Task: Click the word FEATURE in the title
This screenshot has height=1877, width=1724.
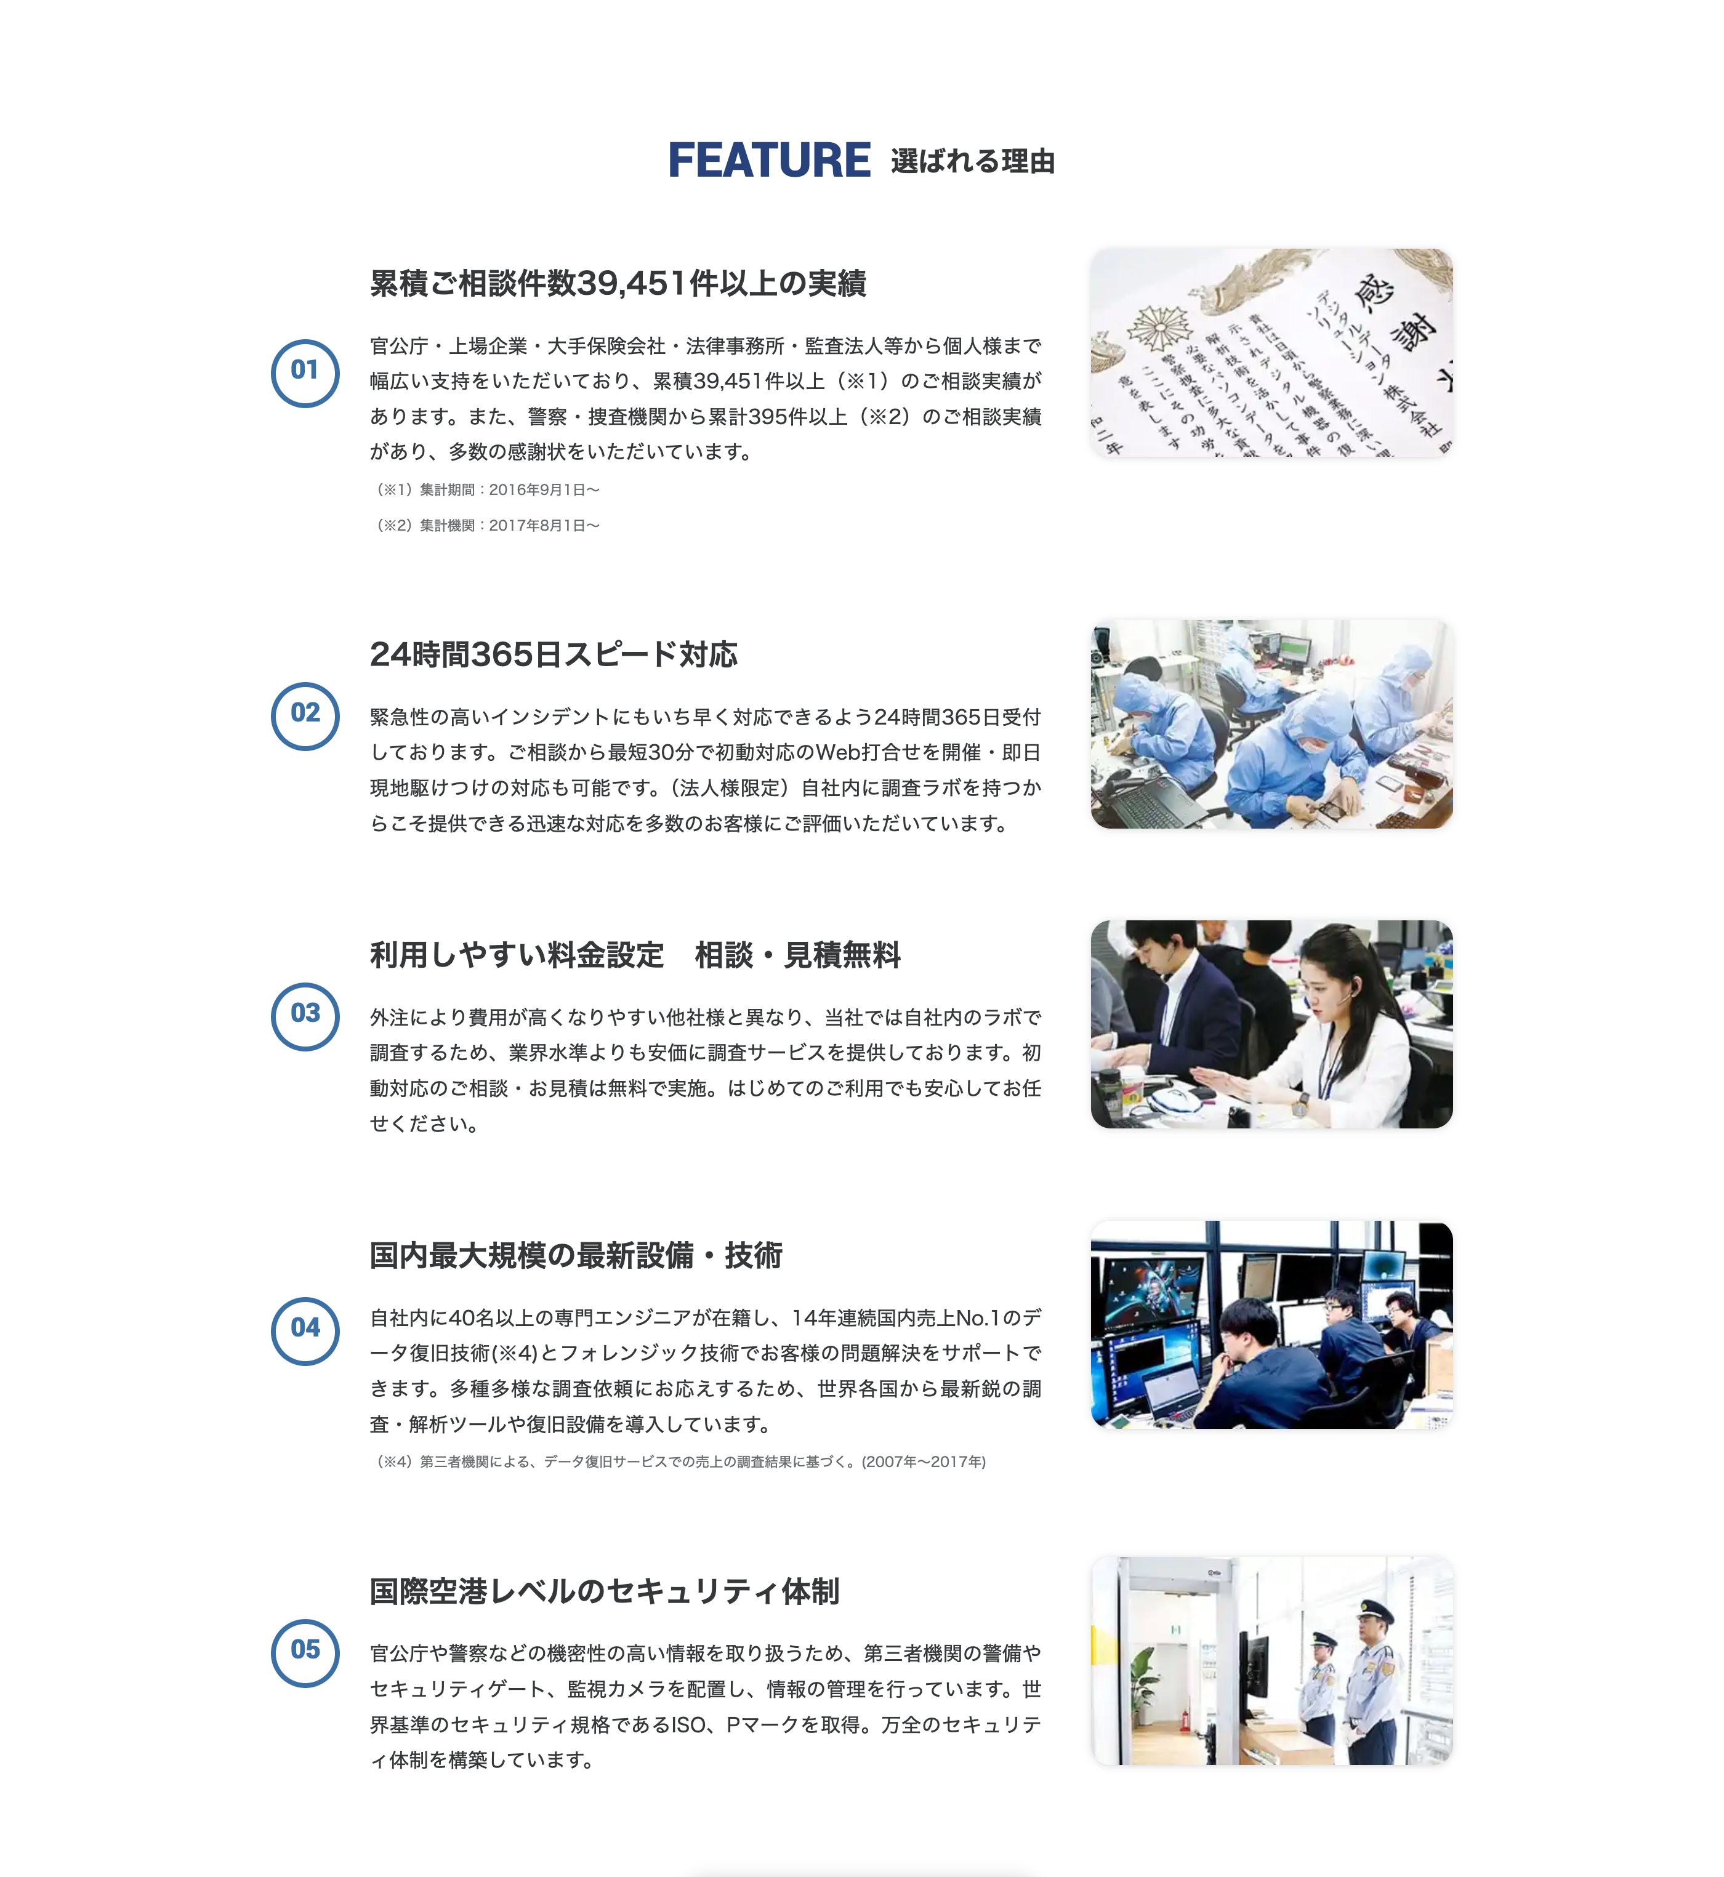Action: (768, 161)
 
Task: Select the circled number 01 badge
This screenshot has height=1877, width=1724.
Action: (305, 372)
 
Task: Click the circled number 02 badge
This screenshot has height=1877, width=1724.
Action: (305, 715)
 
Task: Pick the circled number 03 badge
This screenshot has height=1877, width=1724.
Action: (305, 1016)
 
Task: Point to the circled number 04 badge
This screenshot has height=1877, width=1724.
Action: (305, 1330)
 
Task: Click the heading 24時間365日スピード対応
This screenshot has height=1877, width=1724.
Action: (553, 655)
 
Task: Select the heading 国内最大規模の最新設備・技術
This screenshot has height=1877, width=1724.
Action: (576, 1256)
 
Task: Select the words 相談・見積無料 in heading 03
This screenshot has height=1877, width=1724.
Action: (797, 955)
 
